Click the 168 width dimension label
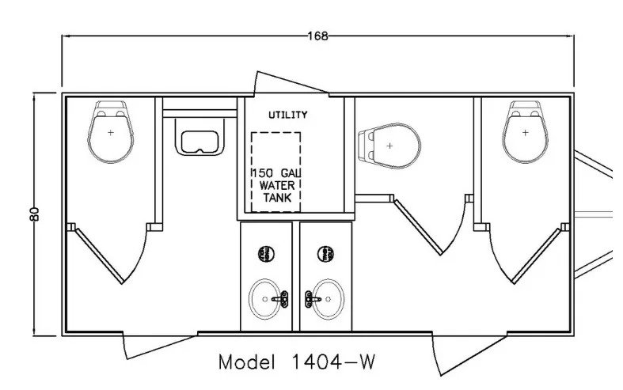pos(318,36)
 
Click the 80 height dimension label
pos(34,214)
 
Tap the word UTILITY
pos(287,115)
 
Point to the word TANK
pos(275,198)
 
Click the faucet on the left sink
pos(279,298)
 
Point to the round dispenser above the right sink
pos(325,254)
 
